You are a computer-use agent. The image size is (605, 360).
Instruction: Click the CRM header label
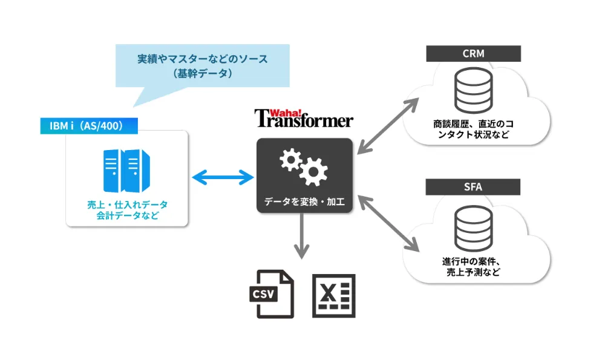click(473, 54)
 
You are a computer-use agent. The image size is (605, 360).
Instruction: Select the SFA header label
click(473, 187)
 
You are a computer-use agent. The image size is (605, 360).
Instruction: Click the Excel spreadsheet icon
click(333, 295)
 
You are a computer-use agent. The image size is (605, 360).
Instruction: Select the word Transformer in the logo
click(304, 120)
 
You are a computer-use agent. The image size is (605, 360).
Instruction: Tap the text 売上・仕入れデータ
click(127, 205)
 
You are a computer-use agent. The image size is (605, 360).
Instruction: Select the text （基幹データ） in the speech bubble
click(202, 73)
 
